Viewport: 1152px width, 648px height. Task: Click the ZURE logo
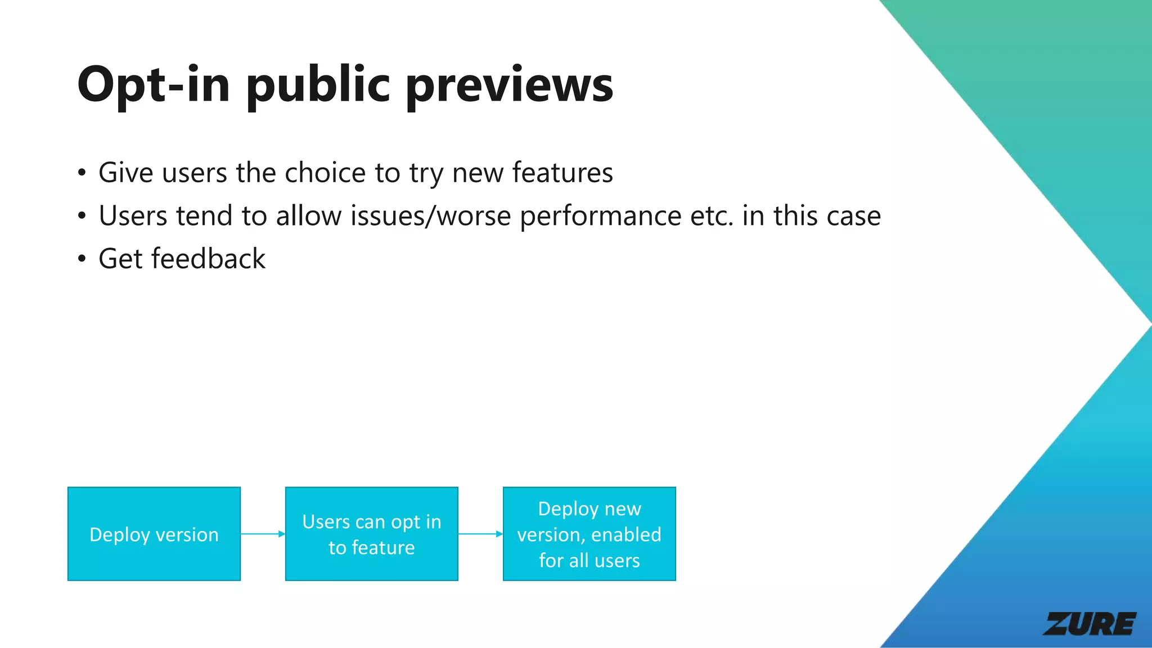coord(1090,624)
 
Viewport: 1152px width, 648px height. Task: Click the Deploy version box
coord(154,534)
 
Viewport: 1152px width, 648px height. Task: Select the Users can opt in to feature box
coord(371,534)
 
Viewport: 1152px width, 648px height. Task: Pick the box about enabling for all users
coord(589,534)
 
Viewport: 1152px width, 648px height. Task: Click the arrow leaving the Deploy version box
coord(263,534)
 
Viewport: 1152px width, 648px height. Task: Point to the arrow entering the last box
coord(480,534)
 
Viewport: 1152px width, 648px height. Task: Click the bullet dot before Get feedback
coord(82,259)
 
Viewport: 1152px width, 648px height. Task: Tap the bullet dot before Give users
coord(82,173)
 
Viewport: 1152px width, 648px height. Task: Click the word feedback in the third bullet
coord(208,259)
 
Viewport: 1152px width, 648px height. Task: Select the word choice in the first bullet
coord(325,173)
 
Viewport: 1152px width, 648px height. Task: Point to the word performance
coord(600,216)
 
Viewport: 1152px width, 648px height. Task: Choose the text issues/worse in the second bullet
coord(430,216)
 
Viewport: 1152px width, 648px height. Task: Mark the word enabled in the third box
coord(626,534)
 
